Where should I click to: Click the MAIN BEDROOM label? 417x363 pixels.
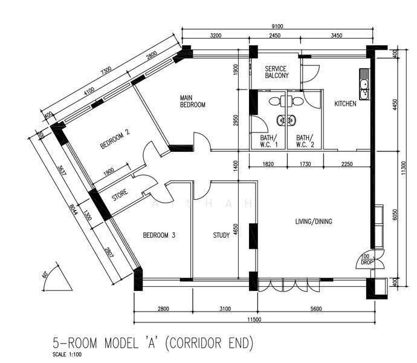tap(193, 101)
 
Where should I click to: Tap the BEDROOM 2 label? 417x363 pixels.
tap(115, 140)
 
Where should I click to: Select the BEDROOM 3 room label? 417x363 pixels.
tap(159, 235)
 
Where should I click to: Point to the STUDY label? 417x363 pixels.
tap(221, 235)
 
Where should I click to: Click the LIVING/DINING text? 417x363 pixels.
tap(314, 221)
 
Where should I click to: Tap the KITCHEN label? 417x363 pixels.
tap(345, 103)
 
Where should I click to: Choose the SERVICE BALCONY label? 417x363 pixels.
tap(277, 72)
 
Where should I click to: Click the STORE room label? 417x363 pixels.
tap(120, 195)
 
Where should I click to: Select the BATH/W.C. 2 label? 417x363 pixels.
tap(305, 141)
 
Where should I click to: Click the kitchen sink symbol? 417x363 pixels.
tap(364, 84)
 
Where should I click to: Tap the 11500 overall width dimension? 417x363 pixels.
tap(254, 319)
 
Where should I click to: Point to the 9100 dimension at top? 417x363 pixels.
tap(277, 26)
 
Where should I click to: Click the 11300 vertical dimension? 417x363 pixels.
tap(404, 168)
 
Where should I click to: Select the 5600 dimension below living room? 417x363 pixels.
tap(316, 309)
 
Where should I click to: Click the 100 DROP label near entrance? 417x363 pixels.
tap(367, 260)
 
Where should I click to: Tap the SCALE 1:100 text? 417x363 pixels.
tap(67, 355)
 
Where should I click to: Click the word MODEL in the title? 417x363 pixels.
tap(121, 343)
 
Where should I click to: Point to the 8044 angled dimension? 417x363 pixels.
tap(74, 209)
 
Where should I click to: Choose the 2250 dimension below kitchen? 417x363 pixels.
tap(347, 164)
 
